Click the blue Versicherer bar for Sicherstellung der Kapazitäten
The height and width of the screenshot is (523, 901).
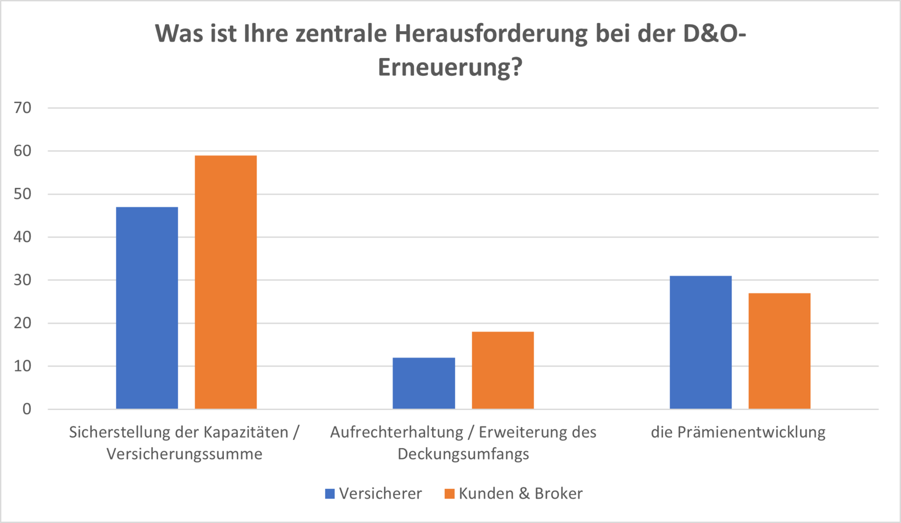[x=147, y=308]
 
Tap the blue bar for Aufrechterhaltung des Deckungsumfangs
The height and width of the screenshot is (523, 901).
[x=424, y=383]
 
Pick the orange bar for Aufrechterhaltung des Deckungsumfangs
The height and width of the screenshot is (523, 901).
[x=502, y=370]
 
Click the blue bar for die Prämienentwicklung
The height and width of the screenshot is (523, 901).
[x=700, y=342]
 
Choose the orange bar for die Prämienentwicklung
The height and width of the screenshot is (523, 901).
[x=779, y=351]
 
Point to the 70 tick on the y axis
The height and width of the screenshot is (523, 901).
[x=23, y=107]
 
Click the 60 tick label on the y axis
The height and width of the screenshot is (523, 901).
[x=23, y=151]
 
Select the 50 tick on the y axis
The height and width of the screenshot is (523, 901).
[x=23, y=194]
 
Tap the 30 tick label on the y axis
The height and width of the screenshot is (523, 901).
[x=23, y=280]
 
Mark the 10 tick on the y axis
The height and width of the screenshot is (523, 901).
[x=23, y=366]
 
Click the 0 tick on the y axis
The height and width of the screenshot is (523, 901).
[x=26, y=409]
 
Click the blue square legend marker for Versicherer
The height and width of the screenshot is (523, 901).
[x=330, y=493]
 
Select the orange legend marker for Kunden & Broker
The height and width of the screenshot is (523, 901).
[x=449, y=493]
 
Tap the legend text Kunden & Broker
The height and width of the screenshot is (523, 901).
[x=520, y=493]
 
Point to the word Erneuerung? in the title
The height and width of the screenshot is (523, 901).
[x=450, y=67]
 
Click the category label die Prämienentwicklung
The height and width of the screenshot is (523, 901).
[x=738, y=432]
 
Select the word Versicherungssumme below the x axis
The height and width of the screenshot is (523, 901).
[x=184, y=454]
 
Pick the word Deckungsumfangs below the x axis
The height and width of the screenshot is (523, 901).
[x=463, y=454]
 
